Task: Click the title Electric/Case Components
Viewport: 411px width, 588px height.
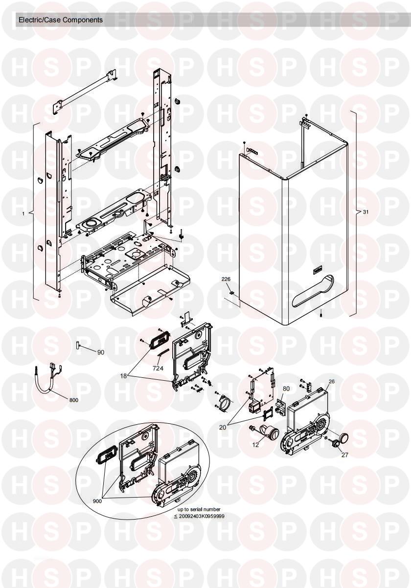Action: pos(61,20)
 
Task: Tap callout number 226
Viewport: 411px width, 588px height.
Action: pos(226,279)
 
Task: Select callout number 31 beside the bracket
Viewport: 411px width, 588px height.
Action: pos(365,212)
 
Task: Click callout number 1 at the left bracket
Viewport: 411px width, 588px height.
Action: pos(23,214)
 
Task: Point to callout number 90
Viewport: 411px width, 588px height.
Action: pos(101,352)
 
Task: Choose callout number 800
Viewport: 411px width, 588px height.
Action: pos(74,400)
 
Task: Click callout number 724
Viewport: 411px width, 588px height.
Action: pos(158,368)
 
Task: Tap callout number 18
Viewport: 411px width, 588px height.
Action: pos(123,376)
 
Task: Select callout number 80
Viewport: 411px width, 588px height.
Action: pos(286,389)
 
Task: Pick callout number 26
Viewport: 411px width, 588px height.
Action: pos(332,381)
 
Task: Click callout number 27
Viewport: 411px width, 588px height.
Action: pos(344,455)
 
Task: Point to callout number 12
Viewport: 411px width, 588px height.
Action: pos(255,445)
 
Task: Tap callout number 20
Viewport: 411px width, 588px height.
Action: pos(223,427)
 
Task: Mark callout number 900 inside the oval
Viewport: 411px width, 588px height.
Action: pos(97,501)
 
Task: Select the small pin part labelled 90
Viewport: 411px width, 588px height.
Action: pos(77,345)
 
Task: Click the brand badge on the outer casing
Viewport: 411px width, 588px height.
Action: pos(319,271)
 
